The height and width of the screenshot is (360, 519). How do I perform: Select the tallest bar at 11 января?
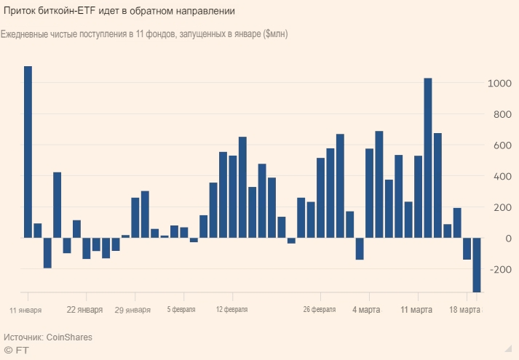click(28, 152)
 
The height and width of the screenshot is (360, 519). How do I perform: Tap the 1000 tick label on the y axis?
click(499, 84)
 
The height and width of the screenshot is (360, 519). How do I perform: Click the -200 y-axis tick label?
click(500, 270)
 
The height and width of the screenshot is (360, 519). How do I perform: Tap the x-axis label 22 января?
click(84, 308)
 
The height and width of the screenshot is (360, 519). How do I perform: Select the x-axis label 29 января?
click(133, 309)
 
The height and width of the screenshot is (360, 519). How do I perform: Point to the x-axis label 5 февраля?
click(181, 309)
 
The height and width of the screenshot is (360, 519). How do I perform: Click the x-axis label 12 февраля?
click(231, 309)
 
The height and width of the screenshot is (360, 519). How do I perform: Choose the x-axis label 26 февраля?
click(320, 309)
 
